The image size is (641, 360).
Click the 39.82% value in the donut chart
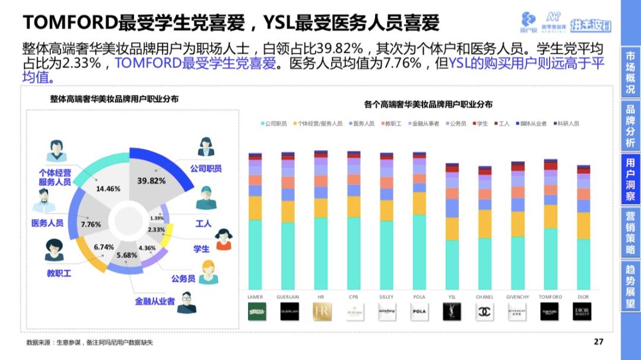tap(151, 181)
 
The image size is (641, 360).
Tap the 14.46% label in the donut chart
tap(108, 189)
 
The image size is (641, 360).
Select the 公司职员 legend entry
tap(274, 123)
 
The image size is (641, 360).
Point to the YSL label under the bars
tap(452, 297)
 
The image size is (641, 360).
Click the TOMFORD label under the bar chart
tap(550, 297)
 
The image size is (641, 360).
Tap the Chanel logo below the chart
tap(485, 311)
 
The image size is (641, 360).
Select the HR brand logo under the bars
tap(321, 311)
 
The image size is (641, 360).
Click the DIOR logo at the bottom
tap(582, 311)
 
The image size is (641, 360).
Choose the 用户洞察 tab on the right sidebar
tap(630, 179)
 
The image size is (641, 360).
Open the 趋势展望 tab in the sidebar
tap(630, 286)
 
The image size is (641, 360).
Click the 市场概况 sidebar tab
tap(630, 72)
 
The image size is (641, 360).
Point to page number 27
tap(598, 342)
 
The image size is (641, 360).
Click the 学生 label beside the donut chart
tap(202, 249)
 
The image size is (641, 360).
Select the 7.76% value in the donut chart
tap(91, 225)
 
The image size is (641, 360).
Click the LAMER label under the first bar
tap(256, 297)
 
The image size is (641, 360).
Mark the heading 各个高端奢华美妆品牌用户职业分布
tap(428, 104)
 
